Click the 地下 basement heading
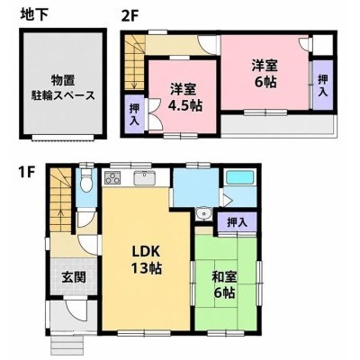(x=34, y=15)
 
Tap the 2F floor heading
(x=129, y=15)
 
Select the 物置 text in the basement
(x=63, y=81)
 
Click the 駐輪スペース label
(x=63, y=95)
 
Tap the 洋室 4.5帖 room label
(x=183, y=97)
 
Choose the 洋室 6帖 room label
(x=265, y=74)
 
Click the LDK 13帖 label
(x=146, y=260)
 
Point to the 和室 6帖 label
(x=224, y=284)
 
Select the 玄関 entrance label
(x=74, y=277)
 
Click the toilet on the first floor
(x=86, y=181)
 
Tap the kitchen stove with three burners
(x=112, y=177)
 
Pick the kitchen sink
(x=144, y=178)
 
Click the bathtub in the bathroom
(x=240, y=178)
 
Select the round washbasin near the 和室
(x=204, y=214)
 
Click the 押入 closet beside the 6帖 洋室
(x=323, y=85)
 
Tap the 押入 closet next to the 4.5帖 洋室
(x=134, y=114)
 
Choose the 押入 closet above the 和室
(x=237, y=222)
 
